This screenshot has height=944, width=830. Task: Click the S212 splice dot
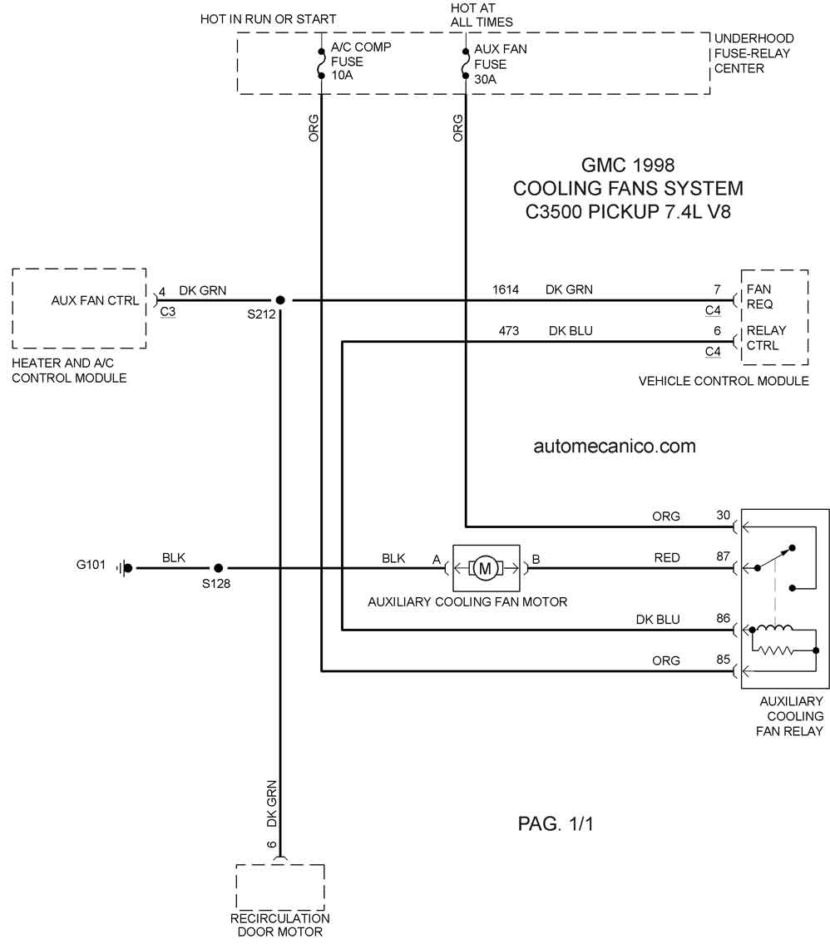coord(280,299)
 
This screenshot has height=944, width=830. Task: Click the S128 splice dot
coord(219,568)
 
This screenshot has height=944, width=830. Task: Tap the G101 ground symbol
coord(125,568)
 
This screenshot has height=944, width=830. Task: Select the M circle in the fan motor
coord(485,568)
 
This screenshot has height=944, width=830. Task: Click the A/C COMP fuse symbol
coord(321,63)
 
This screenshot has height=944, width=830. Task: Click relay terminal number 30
coord(723,516)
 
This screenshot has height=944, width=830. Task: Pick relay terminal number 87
coord(723,556)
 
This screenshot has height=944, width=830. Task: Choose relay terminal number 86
coord(723,618)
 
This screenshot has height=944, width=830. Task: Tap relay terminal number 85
coord(723,660)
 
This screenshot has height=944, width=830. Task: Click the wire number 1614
coord(506,289)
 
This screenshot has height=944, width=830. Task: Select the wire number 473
coord(509,330)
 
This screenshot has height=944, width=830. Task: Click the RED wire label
coord(667,558)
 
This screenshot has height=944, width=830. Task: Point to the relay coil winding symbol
coord(775,629)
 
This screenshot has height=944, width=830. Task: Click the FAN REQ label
coord(759,297)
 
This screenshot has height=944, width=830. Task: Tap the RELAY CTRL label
coord(766,338)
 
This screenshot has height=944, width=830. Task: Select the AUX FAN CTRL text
coord(95,300)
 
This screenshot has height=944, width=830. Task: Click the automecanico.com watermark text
coord(615,446)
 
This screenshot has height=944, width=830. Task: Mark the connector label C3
coord(168,311)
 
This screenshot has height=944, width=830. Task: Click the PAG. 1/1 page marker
coord(556,823)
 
